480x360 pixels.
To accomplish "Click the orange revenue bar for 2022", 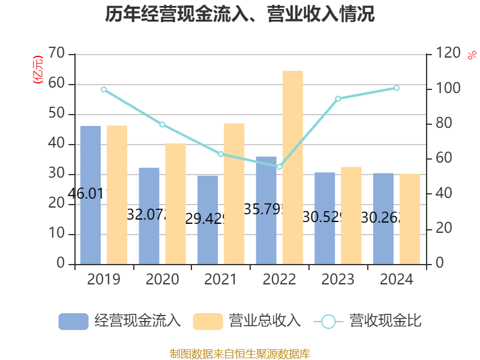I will coord(292,167).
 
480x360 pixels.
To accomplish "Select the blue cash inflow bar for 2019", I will coord(90,194).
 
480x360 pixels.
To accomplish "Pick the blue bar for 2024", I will coord(383,218).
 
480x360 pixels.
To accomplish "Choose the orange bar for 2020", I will coord(175,203).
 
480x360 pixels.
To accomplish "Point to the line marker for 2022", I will coord(279,166).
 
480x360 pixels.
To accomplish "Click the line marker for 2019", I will coord(104,89).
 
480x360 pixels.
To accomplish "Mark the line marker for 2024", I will coord(396,88).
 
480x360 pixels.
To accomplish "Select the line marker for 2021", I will coord(221,154).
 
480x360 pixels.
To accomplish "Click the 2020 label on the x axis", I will coord(162,280).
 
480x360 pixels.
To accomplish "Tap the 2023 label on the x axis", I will coord(338,280).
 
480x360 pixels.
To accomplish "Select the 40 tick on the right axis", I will coord(440,194).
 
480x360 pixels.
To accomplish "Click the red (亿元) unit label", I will coord(38,69).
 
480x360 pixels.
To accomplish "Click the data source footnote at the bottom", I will coord(240,353).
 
